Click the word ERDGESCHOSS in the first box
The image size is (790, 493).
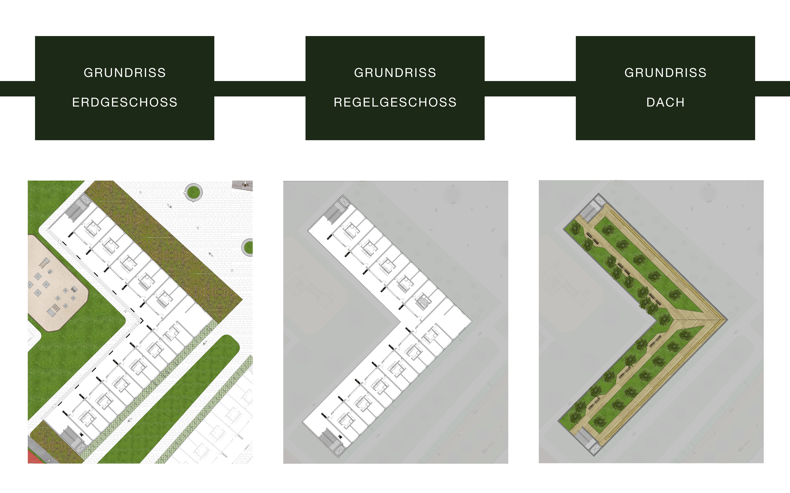click(125, 102)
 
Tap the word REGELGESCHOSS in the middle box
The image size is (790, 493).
click(395, 102)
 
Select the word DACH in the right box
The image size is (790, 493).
click(665, 102)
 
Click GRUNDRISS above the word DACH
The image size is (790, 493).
click(665, 73)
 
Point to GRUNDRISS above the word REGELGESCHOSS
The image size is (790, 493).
click(395, 73)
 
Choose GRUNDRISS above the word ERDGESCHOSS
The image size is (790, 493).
click(125, 73)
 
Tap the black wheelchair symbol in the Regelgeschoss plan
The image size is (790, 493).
click(341, 437)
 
